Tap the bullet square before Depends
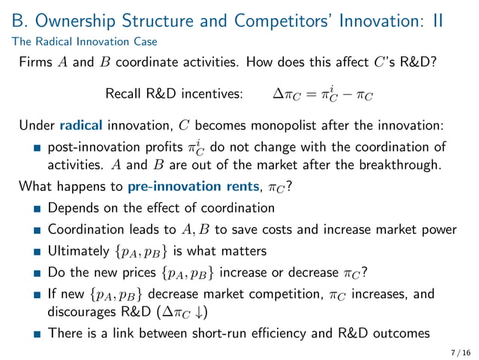(x=36, y=208)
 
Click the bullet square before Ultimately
(x=36, y=250)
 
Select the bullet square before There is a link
(x=36, y=334)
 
